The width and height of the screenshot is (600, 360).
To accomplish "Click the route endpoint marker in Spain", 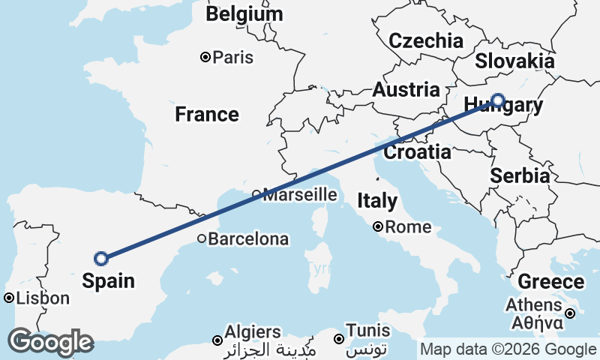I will [x=101, y=259].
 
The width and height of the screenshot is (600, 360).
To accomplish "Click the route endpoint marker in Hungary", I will [x=498, y=100].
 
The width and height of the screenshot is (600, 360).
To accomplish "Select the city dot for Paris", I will [x=205, y=57].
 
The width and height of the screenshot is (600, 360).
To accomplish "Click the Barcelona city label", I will [x=248, y=239].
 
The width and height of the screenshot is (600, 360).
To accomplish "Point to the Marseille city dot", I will [x=256, y=194].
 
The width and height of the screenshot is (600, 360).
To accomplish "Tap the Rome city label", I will [x=409, y=226].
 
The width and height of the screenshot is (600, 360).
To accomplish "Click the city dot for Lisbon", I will [x=9, y=298].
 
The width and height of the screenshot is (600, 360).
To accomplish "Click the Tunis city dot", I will [x=339, y=339].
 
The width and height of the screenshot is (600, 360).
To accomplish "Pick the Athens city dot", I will [x=570, y=313].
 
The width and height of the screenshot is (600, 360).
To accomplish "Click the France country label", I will [x=207, y=115].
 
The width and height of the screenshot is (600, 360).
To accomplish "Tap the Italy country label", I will [x=377, y=201].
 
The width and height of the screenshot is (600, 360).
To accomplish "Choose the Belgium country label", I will [x=244, y=13].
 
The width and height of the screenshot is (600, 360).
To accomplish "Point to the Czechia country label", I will [x=426, y=40].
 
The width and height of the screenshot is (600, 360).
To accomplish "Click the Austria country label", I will [x=406, y=90].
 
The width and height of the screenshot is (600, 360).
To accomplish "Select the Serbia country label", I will [x=520, y=176].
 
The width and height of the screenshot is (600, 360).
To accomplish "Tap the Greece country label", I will [x=551, y=282].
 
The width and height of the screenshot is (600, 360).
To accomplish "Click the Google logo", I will [x=50, y=342].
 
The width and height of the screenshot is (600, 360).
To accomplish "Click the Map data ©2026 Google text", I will [x=508, y=349].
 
